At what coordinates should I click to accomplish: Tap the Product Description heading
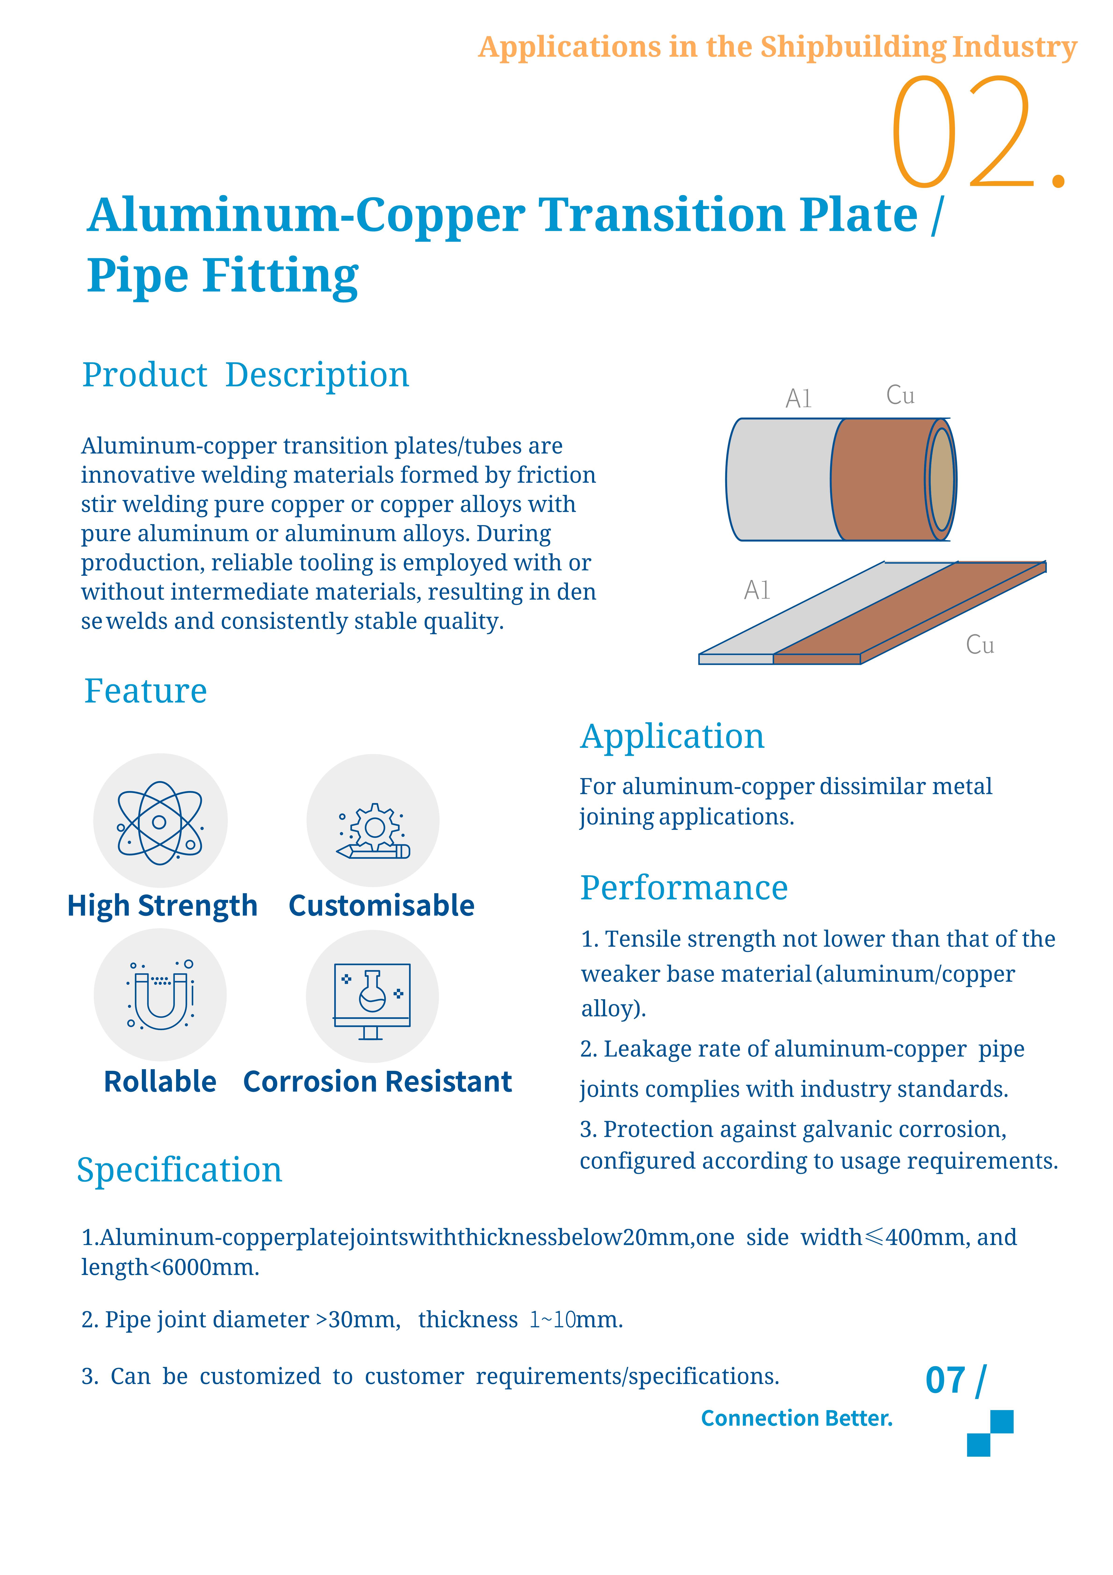[x=245, y=375]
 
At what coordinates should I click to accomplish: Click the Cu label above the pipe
[x=900, y=395]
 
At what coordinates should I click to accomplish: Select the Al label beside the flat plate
[x=757, y=590]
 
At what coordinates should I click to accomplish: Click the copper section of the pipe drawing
[x=881, y=480]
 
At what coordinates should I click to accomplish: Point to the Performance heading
[x=684, y=888]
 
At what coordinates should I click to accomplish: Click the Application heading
[x=672, y=736]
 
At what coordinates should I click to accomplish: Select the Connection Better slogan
[x=796, y=1418]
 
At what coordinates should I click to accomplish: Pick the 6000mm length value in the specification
[x=206, y=1267]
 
